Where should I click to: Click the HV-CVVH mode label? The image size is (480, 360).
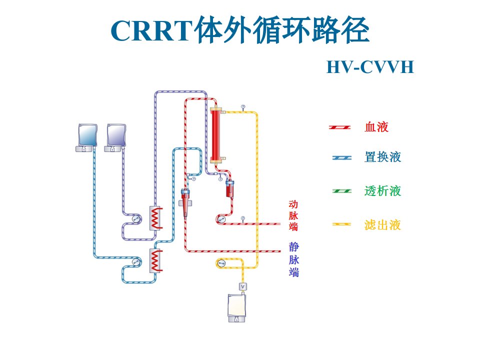click(x=370, y=67)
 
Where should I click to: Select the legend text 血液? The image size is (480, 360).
click(x=376, y=126)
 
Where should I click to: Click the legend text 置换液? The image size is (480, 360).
click(x=382, y=157)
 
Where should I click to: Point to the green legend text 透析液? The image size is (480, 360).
click(x=382, y=190)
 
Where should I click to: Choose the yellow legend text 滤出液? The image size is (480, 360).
click(x=382, y=225)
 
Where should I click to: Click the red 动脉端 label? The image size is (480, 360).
click(x=293, y=215)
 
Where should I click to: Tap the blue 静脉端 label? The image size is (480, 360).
click(x=294, y=259)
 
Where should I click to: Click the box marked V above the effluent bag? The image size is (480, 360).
click(x=243, y=286)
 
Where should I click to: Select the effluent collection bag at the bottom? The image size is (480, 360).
click(x=236, y=307)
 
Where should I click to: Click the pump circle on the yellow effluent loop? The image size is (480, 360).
click(x=220, y=263)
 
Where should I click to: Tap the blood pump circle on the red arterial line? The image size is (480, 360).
click(x=221, y=219)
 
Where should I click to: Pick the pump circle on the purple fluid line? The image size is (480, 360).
click(x=135, y=218)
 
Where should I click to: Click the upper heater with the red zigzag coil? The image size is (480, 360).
click(x=156, y=218)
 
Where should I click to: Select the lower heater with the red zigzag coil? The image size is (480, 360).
click(x=156, y=260)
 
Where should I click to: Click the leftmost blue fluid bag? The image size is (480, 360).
click(x=87, y=137)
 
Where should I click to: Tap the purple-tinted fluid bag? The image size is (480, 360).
click(x=115, y=137)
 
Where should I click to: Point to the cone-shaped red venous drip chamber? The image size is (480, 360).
click(x=185, y=202)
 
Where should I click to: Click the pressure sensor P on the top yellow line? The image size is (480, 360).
click(x=243, y=107)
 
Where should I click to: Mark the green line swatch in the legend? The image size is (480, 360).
click(x=341, y=191)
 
